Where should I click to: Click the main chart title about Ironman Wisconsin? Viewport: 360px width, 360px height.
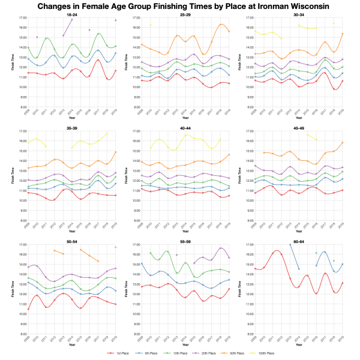180,6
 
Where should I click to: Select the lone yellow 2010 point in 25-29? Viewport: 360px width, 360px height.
150,25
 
